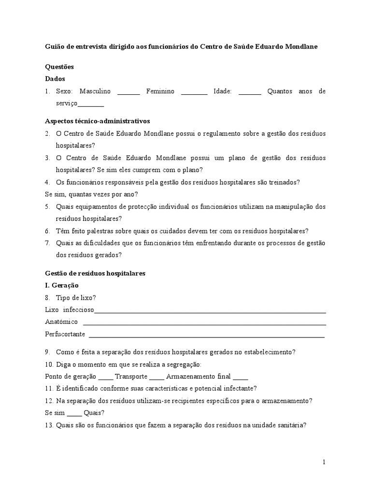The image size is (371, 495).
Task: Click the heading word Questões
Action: pos(59,67)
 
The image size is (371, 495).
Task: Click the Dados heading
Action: pos(55,79)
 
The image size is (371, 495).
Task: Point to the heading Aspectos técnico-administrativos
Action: pos(98,121)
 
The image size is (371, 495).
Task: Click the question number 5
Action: pos(47,206)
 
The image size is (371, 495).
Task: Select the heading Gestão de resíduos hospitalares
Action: pos(95,273)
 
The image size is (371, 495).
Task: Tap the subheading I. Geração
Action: pos(62,285)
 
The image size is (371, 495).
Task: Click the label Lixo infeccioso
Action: pos(70,310)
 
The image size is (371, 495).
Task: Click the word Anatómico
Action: pos(61,322)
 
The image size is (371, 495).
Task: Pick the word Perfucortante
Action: pos(65,334)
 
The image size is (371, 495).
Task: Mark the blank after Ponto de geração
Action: pos(105,377)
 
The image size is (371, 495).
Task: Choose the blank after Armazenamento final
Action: pos(240,377)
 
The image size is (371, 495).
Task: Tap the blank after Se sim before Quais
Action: pos(74,414)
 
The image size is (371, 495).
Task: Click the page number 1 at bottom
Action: pos(324,462)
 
